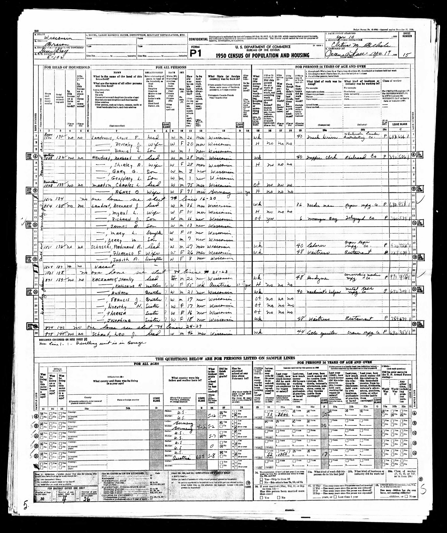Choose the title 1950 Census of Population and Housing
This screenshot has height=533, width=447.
tap(263, 55)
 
